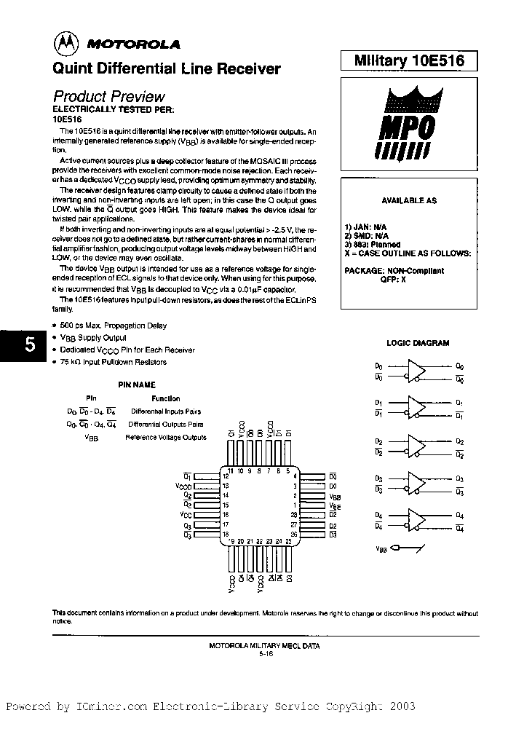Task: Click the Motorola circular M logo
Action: pos(63,44)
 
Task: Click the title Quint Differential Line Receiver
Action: pos(167,68)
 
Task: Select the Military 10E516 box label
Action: pos(409,61)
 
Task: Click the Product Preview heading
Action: pos(109,96)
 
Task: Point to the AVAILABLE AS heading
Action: pos(409,200)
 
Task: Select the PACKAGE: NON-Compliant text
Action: pos(394,270)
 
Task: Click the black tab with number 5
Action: pos(28,345)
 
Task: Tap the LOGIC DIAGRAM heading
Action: pos(418,343)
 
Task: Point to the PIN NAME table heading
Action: pos(137,385)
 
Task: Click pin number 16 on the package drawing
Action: pos(226,514)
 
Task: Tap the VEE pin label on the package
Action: pos(335,505)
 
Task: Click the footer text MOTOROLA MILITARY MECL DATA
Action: pos(263,645)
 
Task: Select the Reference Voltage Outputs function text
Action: pos(166,437)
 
